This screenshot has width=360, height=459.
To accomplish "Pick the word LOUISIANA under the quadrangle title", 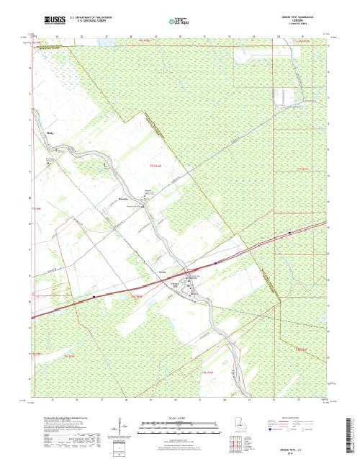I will pos(307,19).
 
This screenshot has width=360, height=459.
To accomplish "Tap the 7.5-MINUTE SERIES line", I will pos(307,22).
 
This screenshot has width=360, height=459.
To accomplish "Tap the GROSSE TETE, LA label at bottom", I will pos(310,447).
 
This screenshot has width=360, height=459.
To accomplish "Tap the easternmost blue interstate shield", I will pos(289,233).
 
